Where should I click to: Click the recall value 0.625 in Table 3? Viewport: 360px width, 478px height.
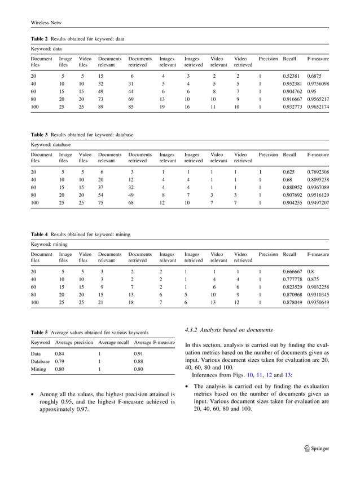pyautogui.click(x=288, y=171)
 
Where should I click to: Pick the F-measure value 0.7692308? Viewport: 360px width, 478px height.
pyautogui.click(x=318, y=171)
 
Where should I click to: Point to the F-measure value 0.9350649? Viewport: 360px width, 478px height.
pyautogui.click(x=318, y=302)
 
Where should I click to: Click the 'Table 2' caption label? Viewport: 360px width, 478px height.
pyautogui.click(x=39, y=39)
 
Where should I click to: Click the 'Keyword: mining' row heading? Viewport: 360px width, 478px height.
pyautogui.click(x=49, y=244)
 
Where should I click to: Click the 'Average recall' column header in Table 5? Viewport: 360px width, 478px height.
pyautogui.click(x=113, y=342)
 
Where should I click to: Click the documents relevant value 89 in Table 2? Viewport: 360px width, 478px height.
pyautogui.click(x=102, y=107)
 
